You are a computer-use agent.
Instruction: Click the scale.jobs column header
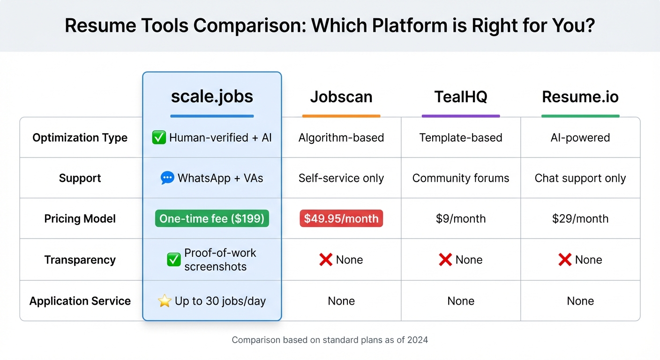point(212,96)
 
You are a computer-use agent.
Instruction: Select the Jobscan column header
point(341,97)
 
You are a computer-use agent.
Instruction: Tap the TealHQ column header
point(461,97)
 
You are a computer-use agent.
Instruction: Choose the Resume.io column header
point(580,97)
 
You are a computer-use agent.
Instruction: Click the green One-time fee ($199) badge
point(212,218)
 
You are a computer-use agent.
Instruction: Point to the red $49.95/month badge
point(341,218)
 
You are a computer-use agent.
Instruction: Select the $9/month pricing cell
point(461,218)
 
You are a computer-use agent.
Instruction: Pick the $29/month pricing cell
point(580,218)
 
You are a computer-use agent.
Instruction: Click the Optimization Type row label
point(80,138)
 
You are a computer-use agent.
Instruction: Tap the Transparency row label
point(80,260)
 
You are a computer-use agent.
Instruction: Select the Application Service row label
point(80,301)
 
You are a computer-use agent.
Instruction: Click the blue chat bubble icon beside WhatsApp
point(167,178)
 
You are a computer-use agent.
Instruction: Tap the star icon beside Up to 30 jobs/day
point(165,301)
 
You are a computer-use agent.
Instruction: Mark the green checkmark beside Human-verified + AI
point(159,138)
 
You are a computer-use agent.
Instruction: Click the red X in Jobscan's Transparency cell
point(326,260)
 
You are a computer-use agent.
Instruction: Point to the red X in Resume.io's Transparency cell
point(565,260)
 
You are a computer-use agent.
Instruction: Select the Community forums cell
point(461,178)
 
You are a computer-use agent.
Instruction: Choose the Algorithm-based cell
point(341,138)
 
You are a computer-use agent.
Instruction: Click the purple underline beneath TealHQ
point(461,116)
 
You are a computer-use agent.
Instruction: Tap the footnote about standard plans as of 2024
point(330,340)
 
